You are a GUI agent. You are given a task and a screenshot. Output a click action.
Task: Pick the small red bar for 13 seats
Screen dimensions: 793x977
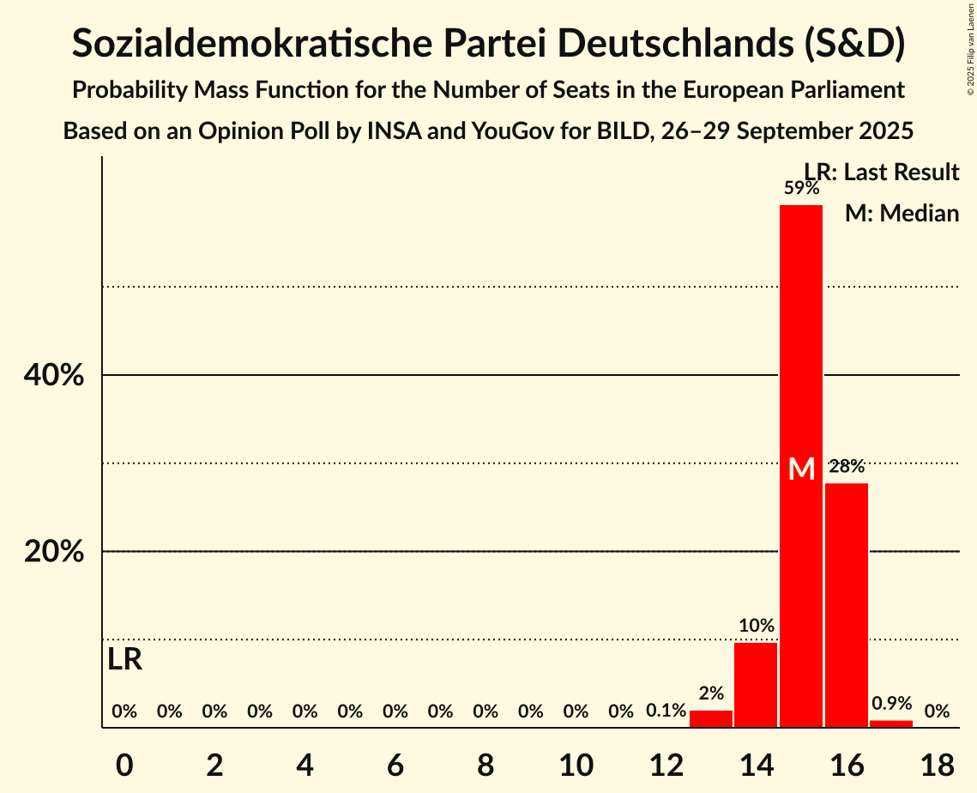click(x=711, y=719)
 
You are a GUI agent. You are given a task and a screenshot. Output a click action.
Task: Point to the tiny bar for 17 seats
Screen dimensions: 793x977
click(x=891, y=723)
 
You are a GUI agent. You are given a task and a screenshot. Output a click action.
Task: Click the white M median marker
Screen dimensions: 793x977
click(x=801, y=469)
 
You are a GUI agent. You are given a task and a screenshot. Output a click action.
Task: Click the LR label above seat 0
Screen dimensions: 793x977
click(x=125, y=660)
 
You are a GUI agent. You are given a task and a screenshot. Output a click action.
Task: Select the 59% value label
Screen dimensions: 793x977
click(x=801, y=188)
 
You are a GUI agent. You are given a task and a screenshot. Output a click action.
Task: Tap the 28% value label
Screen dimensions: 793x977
click(x=847, y=467)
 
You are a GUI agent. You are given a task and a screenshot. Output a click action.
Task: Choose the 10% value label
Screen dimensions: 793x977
click(x=757, y=626)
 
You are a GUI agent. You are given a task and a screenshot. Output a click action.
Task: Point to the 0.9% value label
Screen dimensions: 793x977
click(x=892, y=703)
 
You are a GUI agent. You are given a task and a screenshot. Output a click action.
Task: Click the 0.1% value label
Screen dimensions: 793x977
click(x=666, y=711)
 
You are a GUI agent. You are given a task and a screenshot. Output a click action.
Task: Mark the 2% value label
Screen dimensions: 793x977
click(x=711, y=693)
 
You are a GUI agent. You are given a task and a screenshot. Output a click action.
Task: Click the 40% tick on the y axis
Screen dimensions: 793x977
click(x=53, y=376)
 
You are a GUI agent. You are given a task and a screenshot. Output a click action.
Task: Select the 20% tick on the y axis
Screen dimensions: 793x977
click(x=53, y=552)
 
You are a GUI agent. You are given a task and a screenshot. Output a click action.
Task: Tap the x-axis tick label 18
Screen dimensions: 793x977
click(x=937, y=763)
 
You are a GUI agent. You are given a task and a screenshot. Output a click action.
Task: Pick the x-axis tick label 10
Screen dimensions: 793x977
click(x=576, y=763)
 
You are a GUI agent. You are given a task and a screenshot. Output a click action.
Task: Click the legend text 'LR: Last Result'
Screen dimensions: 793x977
click(x=882, y=173)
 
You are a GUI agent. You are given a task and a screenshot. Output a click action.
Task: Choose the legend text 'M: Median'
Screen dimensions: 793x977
click(x=902, y=214)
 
